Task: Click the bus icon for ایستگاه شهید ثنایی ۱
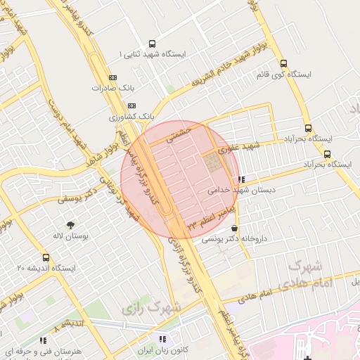(x=153, y=44)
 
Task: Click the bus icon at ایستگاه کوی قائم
(x=283, y=63)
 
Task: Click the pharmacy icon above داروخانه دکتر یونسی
(x=233, y=229)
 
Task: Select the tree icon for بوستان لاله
(x=70, y=226)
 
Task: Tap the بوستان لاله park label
(x=70, y=237)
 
